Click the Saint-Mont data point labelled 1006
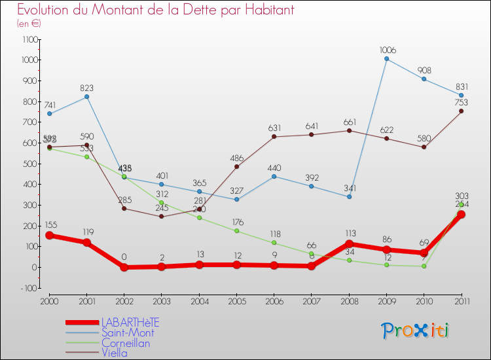(386, 59)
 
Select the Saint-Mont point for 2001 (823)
(86, 97)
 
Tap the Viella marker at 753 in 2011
(461, 111)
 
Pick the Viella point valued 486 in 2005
(236, 166)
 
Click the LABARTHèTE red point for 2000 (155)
(49, 235)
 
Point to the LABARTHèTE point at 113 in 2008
(349, 243)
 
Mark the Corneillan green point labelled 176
(236, 230)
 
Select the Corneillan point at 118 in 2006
(274, 243)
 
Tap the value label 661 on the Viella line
(349, 121)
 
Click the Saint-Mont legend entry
(128, 333)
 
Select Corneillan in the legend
(126, 343)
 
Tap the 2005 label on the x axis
(236, 301)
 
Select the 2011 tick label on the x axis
(461, 301)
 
